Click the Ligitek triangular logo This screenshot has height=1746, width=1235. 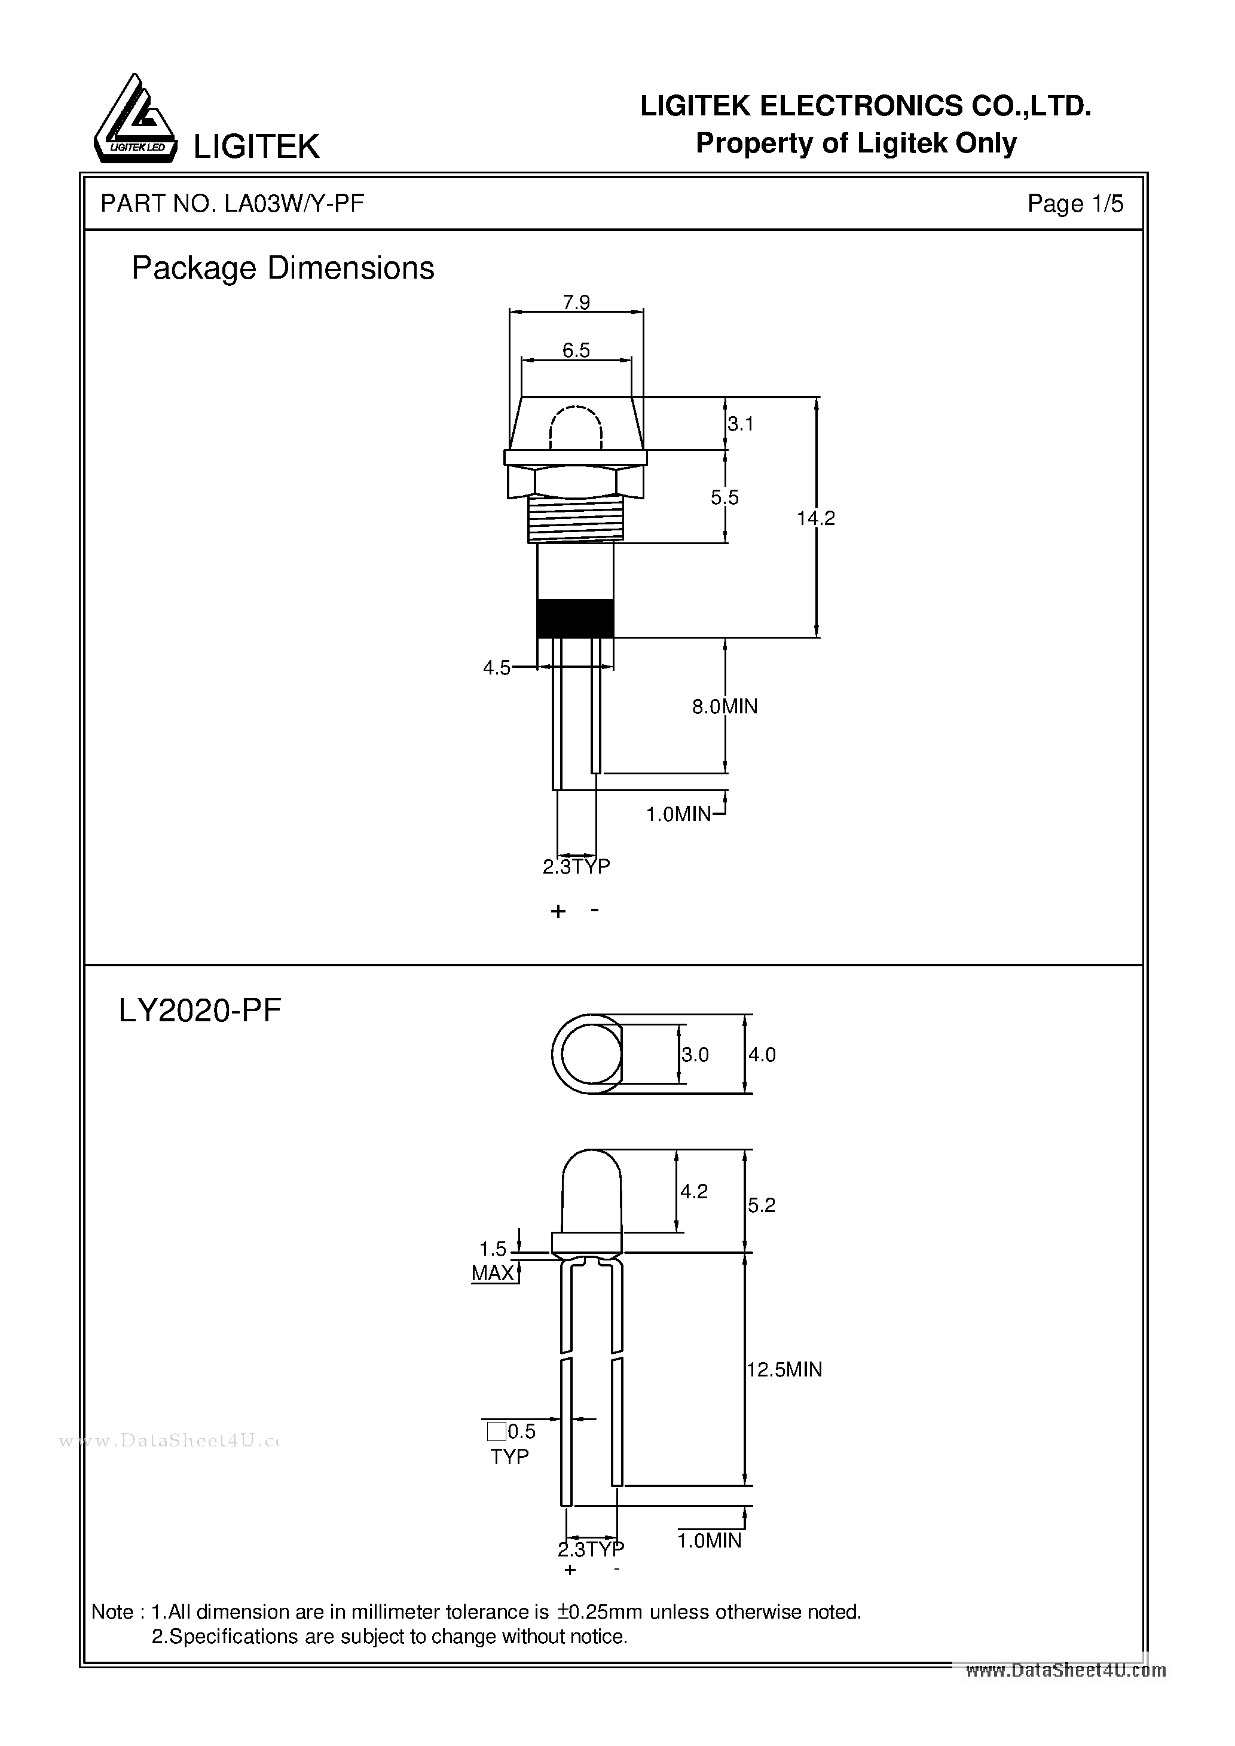[134, 121]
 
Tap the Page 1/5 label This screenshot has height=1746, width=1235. [1075, 203]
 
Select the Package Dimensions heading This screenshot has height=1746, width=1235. [282, 268]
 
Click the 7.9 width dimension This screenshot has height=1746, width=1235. [576, 302]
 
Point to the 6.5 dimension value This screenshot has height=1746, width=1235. [576, 350]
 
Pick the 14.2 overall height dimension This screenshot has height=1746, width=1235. [815, 518]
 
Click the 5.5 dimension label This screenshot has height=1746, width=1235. [724, 497]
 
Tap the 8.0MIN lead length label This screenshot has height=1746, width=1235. [724, 706]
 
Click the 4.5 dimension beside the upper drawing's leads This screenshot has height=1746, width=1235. [497, 668]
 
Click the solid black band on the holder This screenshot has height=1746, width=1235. [575, 618]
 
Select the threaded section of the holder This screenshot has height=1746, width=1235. [576, 517]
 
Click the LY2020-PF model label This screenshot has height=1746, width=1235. [200, 1011]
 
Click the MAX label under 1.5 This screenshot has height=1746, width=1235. [493, 1274]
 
